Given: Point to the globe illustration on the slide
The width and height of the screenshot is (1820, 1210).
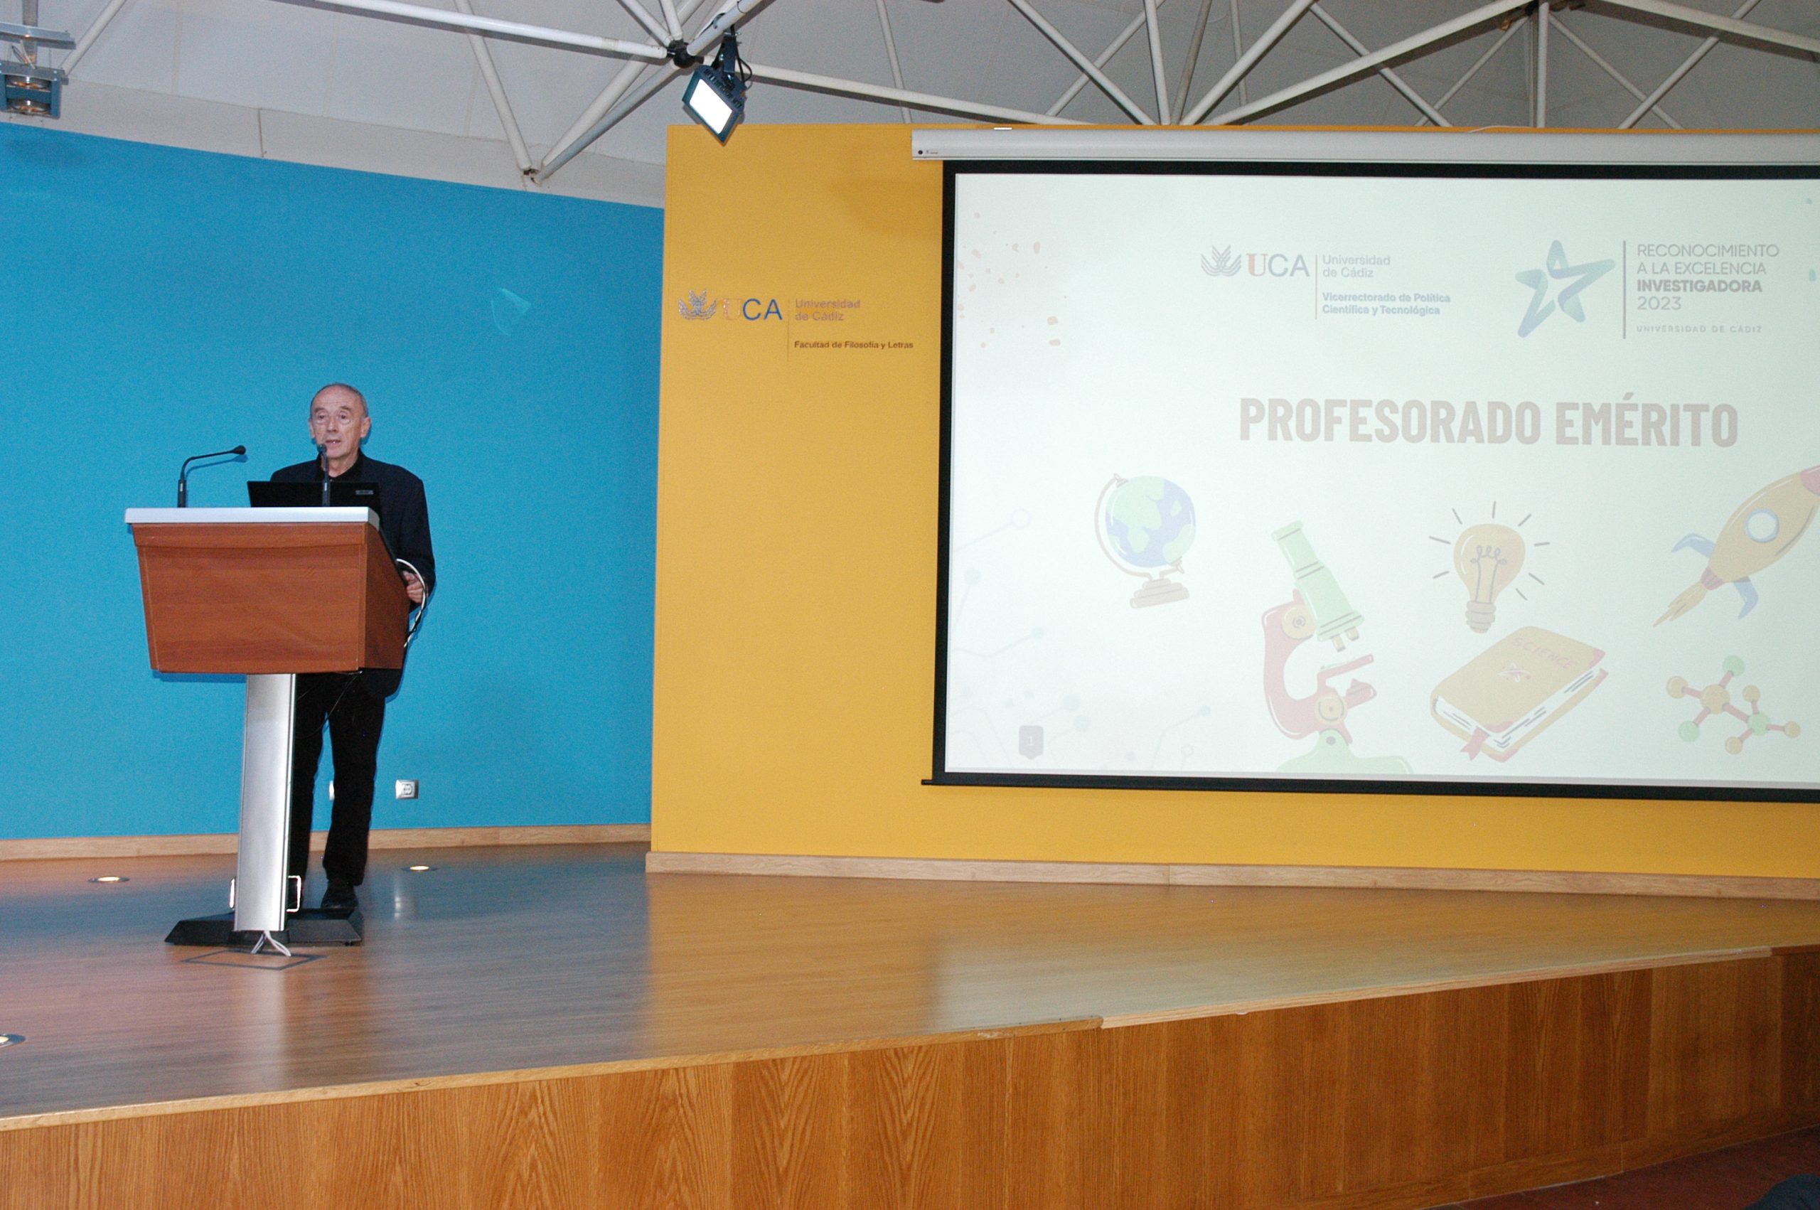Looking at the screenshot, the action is (x=1144, y=540).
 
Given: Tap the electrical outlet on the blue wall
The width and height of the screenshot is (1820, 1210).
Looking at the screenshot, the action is (x=407, y=788).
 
